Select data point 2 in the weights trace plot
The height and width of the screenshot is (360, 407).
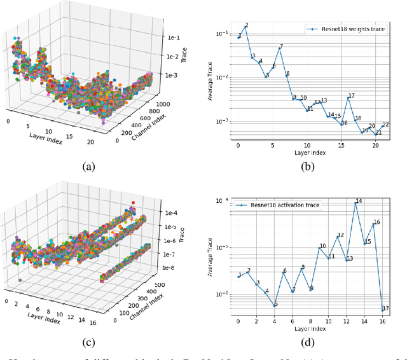245,27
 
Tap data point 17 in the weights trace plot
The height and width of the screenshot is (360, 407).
348,98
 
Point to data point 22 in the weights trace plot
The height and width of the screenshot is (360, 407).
383,127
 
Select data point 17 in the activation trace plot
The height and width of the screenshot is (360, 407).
383,310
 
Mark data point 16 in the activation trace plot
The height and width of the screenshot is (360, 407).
374,224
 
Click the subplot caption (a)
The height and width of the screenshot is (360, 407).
89,167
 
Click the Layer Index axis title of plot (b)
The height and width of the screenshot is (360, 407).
310,153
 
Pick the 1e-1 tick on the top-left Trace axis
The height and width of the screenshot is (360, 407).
176,38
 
